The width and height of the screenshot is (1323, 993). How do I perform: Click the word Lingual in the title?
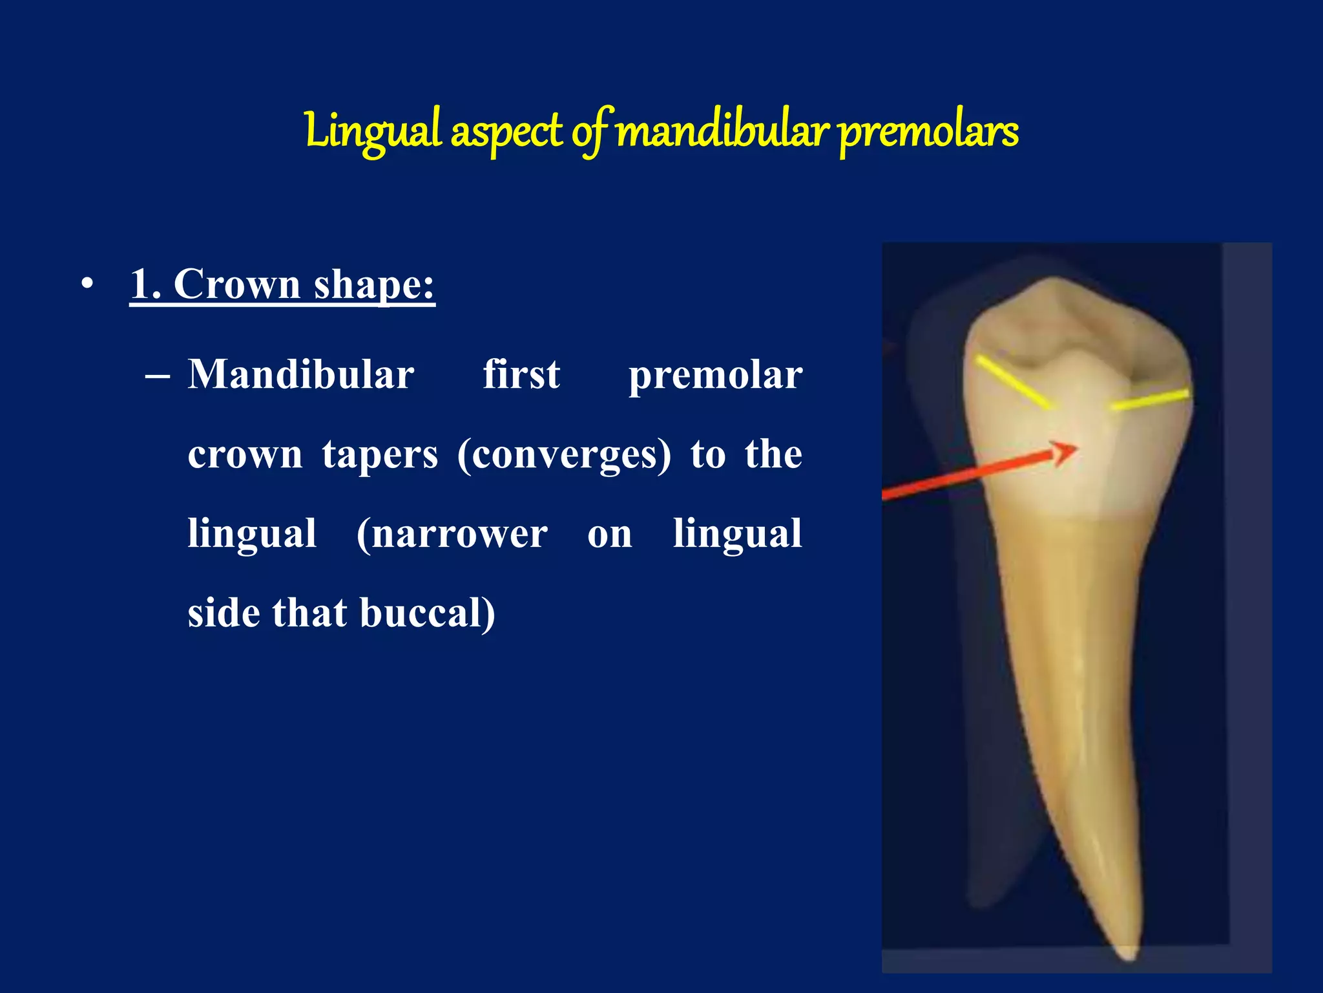(x=373, y=131)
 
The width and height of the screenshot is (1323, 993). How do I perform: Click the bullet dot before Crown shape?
(x=87, y=284)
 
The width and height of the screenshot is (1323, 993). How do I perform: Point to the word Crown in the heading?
(x=236, y=284)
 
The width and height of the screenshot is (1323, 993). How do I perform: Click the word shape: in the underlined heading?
(x=374, y=285)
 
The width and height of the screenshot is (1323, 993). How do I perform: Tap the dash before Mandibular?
(x=158, y=375)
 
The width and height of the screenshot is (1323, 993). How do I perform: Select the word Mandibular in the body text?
(x=301, y=375)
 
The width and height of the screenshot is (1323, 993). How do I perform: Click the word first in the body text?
(x=521, y=375)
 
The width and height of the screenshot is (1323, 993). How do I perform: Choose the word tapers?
(x=380, y=454)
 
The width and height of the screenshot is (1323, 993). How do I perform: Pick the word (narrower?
(x=452, y=534)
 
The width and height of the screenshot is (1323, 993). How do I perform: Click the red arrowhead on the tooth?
(x=1064, y=452)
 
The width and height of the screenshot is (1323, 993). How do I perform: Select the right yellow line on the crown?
(x=1149, y=400)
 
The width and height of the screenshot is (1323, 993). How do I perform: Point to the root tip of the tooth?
(x=1127, y=954)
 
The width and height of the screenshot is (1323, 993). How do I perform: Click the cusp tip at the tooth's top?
(x=1054, y=282)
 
